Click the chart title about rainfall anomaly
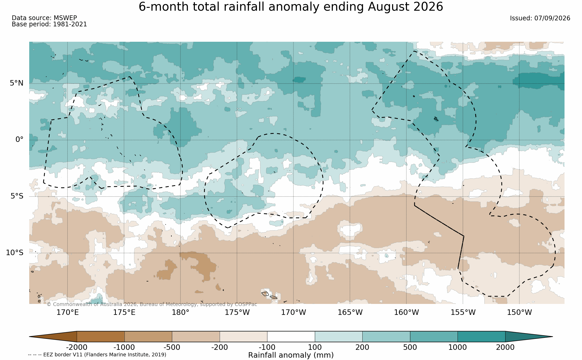[291, 7]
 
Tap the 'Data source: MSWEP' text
[44, 18]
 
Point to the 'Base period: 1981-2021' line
[49, 24]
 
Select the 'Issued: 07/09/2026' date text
[540, 18]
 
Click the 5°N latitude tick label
[17, 83]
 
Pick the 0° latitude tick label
[19, 140]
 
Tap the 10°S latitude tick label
[15, 253]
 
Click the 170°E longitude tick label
[68, 312]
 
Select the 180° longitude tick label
[181, 312]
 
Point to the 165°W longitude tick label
[350, 312]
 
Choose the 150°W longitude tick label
[519, 312]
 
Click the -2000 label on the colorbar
[77, 347]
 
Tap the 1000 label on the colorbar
[458, 347]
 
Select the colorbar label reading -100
[267, 347]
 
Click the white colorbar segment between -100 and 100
[291, 337]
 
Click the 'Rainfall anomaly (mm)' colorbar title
[291, 355]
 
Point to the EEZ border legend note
[97, 355]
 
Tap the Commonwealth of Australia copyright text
[152, 304]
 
